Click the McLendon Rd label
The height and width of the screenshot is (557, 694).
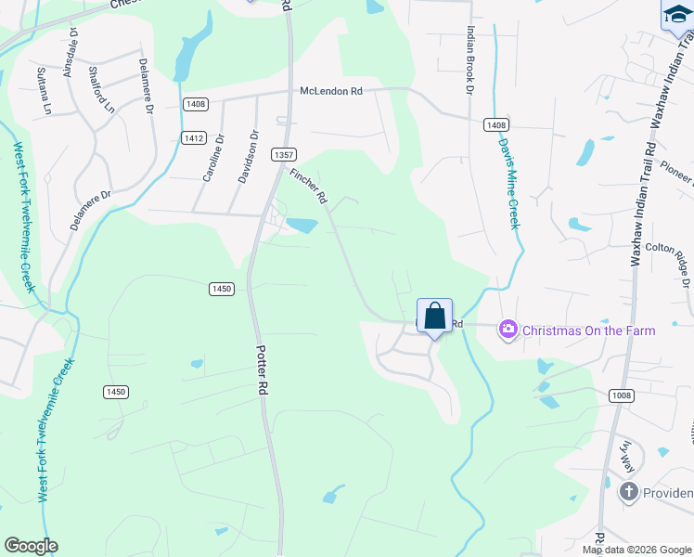coord(330,91)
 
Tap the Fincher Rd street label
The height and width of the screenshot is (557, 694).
coord(309,186)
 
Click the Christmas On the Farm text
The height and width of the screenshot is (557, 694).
coord(588,330)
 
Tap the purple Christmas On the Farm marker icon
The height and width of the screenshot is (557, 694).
coord(508,330)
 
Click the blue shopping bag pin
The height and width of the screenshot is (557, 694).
coord(434,317)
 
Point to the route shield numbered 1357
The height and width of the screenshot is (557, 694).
coord(284,154)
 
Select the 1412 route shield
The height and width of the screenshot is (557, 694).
coord(193,137)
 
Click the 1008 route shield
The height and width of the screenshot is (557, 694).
coord(622,396)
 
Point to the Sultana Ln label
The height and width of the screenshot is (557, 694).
coord(44,90)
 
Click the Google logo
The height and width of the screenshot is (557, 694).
coord(31,546)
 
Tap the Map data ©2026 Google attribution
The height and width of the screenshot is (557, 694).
coord(636,550)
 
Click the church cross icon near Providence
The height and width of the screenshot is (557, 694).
coord(629,492)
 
